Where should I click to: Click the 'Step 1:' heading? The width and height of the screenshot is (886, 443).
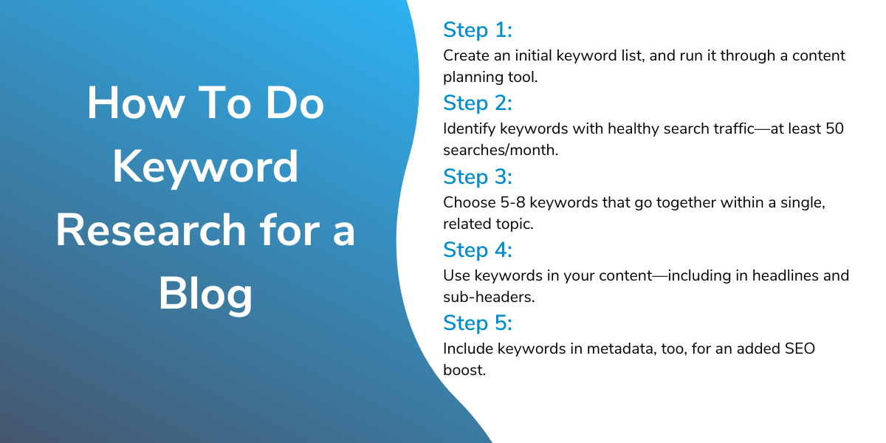478,30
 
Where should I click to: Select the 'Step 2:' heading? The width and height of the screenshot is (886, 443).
478,103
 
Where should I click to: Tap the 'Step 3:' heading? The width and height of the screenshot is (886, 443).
478,176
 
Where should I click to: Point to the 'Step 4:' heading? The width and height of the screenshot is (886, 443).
478,250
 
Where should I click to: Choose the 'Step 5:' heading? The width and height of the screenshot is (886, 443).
478,323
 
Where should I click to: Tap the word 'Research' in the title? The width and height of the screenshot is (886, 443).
151,230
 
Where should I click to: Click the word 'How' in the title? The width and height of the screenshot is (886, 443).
136,103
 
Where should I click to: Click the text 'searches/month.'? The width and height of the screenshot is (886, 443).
501,151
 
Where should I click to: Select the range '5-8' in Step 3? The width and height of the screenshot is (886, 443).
512,202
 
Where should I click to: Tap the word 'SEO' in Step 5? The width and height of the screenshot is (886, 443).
800,348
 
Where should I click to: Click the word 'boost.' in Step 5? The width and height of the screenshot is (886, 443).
464,370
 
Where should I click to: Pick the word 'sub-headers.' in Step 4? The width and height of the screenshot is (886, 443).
489,297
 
